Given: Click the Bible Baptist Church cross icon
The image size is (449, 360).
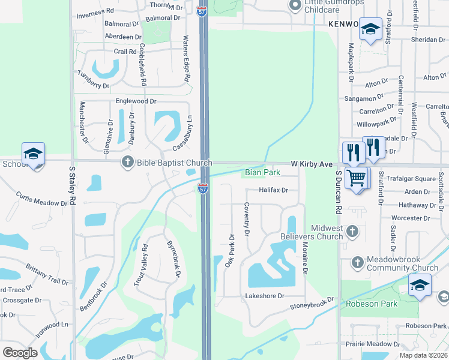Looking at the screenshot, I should (x=127, y=162).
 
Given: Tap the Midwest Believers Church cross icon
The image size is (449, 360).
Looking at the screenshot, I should (x=353, y=230).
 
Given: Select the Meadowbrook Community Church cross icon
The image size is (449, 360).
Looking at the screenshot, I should (x=358, y=262).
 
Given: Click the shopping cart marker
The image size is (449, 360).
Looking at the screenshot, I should (x=357, y=178).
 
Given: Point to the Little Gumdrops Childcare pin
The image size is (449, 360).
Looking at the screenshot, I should (x=295, y=5).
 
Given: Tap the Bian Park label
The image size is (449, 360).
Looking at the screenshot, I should (x=262, y=173).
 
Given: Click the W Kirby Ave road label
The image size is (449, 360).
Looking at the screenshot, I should (x=312, y=164).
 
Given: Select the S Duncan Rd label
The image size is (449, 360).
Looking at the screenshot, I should (x=339, y=192).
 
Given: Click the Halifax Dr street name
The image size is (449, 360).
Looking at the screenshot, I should (x=274, y=190).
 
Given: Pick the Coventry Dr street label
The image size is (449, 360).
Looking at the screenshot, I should (x=247, y=218).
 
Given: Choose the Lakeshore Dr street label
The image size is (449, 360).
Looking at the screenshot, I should (x=264, y=296).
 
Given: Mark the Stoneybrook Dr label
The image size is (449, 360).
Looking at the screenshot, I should (x=312, y=304).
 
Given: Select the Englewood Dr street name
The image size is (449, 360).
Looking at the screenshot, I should (x=136, y=101).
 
